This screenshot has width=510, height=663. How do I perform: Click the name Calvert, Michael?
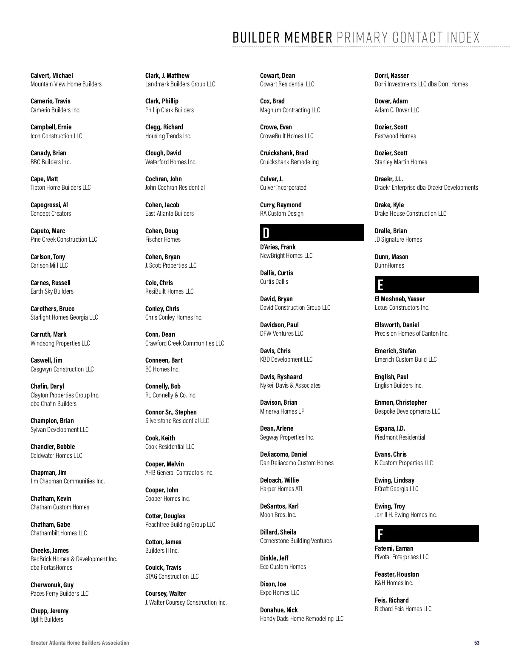coord(51,75)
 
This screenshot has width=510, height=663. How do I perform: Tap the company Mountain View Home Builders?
coord(66,84)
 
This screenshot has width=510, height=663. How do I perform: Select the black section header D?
coord(312,233)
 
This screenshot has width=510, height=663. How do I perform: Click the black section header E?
coord(427,285)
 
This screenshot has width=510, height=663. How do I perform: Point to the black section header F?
coord(427,534)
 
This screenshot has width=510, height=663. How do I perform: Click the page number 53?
coord(477,643)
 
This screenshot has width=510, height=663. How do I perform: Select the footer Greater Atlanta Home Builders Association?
coord(79,643)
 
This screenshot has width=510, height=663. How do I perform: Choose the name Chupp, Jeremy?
coord(49,611)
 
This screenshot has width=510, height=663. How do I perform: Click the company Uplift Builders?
coord(47,620)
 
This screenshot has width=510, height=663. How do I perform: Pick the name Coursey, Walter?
coord(166,593)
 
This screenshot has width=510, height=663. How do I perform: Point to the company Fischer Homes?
coord(163,240)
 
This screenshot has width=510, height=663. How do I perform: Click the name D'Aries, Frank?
coord(278,247)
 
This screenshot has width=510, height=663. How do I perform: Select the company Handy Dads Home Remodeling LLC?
coord(302,619)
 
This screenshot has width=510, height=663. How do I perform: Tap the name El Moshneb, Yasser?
coord(399,299)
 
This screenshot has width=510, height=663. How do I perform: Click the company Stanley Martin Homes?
coord(401,162)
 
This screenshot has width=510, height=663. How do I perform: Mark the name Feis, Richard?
coord(391,600)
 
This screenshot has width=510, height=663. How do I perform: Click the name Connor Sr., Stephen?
coord(171,412)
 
